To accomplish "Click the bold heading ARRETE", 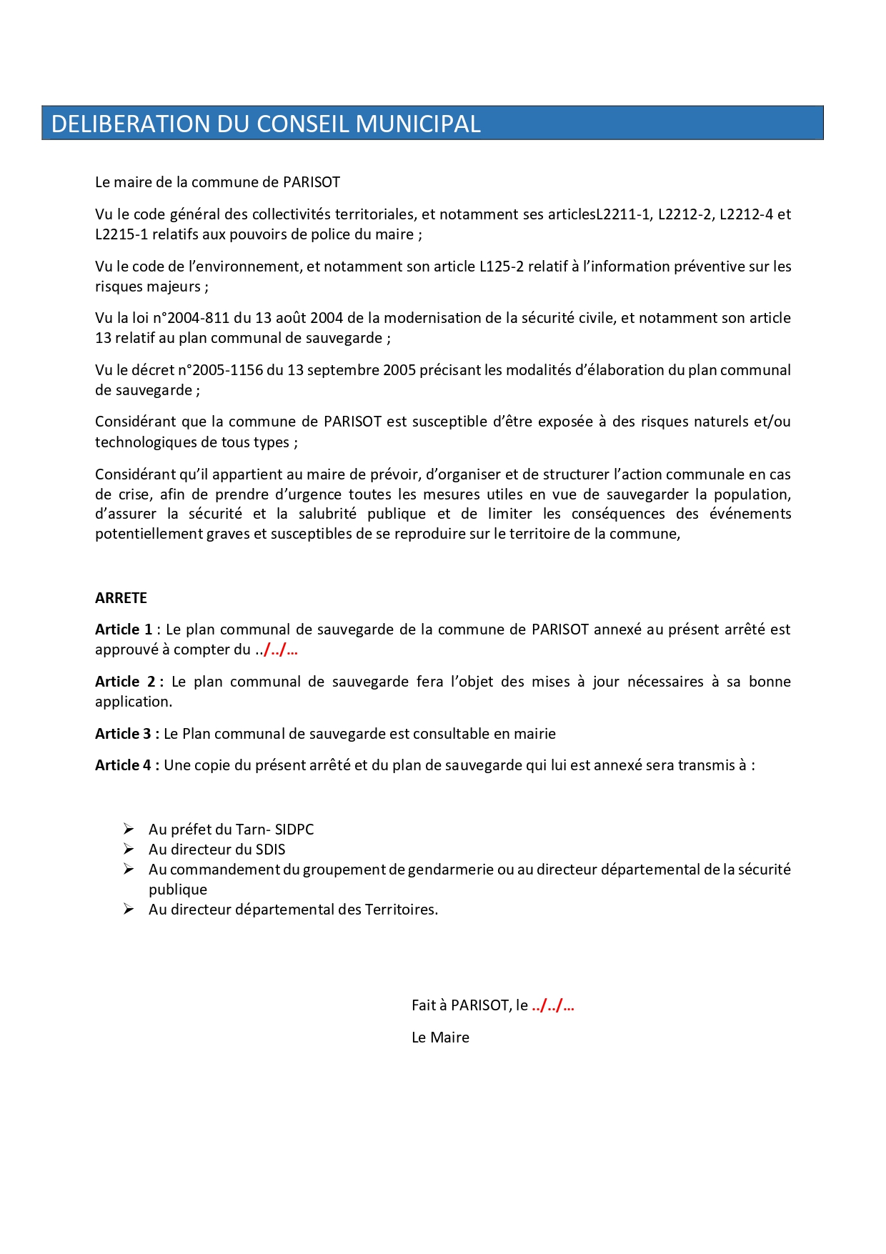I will click(x=121, y=598).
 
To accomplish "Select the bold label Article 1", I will click(x=124, y=630).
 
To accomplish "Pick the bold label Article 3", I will click(x=124, y=734).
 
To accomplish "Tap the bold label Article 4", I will click(x=124, y=765).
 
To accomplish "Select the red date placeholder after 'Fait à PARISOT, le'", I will click(x=553, y=1005).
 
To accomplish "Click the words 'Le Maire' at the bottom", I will click(x=440, y=1037).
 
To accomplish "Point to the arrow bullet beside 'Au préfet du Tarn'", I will click(x=129, y=829).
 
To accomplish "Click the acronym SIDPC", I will click(x=294, y=830).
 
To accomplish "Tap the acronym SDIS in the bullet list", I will click(x=270, y=850).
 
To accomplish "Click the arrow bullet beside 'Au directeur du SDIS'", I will click(x=129, y=849).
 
